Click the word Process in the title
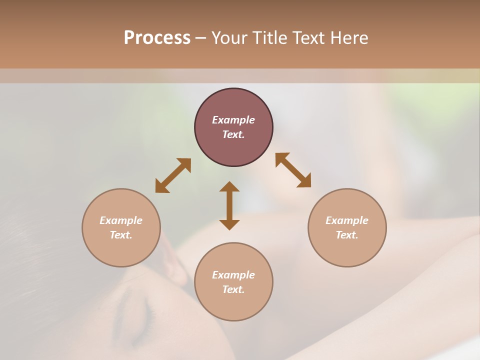coord(157,38)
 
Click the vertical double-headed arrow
coord(229,205)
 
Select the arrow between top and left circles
coord(173,175)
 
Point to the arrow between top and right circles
coord(293,170)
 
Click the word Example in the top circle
coord(233,120)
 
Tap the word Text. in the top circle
coord(233,134)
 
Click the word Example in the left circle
coord(121,220)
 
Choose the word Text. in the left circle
coord(121,235)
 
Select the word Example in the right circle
coord(347,220)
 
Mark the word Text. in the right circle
coord(347,235)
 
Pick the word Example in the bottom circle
coord(233,275)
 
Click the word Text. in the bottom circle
coord(233,289)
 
